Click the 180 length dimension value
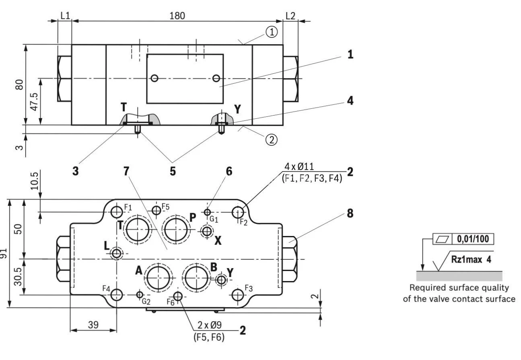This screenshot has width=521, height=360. coord(177,16)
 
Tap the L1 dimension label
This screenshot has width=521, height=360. coord(65,16)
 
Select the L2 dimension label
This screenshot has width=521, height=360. coord(290,16)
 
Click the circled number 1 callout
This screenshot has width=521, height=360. coord(272,33)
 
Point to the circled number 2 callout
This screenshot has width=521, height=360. coord(272,139)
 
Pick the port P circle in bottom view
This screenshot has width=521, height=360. coord(175,229)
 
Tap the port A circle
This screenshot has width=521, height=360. coord(159,277)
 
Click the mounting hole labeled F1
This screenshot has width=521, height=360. coord(117,211)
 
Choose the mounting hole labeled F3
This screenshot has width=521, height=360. coord(238,295)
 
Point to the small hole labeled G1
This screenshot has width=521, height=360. coord(207,212)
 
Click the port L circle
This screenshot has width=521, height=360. coord(117,254)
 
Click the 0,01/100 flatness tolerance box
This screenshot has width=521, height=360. coord(473,239)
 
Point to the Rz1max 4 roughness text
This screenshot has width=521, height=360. coord(471,259)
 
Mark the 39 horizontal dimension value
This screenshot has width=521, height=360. coord(93,325)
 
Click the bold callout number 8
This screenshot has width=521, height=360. coord(350,213)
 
